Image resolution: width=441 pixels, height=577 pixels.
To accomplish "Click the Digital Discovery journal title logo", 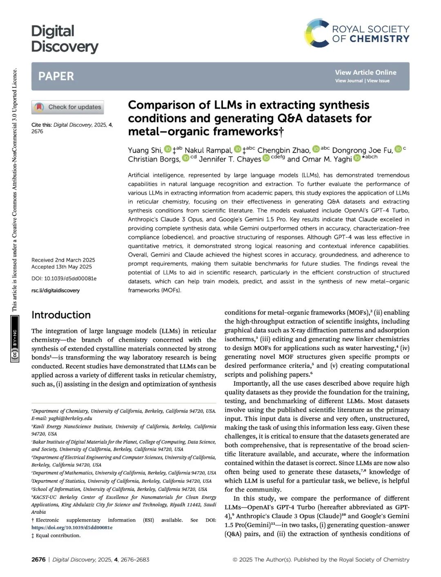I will (x=65, y=39).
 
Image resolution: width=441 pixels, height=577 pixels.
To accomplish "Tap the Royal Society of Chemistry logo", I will (x=356, y=33).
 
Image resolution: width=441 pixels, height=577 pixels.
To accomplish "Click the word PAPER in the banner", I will (x=56, y=76).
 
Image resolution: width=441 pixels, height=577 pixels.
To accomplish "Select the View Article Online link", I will (x=365, y=72).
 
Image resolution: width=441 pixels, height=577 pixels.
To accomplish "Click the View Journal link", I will (x=349, y=81).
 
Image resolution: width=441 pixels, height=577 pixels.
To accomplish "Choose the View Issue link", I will (x=378, y=81).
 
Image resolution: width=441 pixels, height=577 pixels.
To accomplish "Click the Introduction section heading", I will (x=61, y=315).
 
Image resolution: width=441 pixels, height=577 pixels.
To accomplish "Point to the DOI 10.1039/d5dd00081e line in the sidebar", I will (x=64, y=279).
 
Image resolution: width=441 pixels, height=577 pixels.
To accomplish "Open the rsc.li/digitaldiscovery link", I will (x=56, y=291).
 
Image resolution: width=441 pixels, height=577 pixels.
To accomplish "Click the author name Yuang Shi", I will (x=145, y=150).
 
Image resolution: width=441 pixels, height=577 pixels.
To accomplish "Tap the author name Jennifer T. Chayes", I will (x=230, y=159).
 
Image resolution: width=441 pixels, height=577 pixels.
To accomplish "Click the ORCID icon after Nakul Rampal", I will (x=237, y=149).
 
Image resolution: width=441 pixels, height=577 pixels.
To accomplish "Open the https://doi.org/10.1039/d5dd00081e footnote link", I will (x=72, y=528).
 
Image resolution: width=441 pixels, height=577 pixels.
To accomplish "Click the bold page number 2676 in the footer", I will (x=38, y=559).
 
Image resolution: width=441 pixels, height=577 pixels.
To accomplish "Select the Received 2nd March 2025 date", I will (x=63, y=260).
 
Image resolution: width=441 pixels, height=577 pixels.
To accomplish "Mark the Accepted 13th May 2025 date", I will (x=62, y=267).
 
